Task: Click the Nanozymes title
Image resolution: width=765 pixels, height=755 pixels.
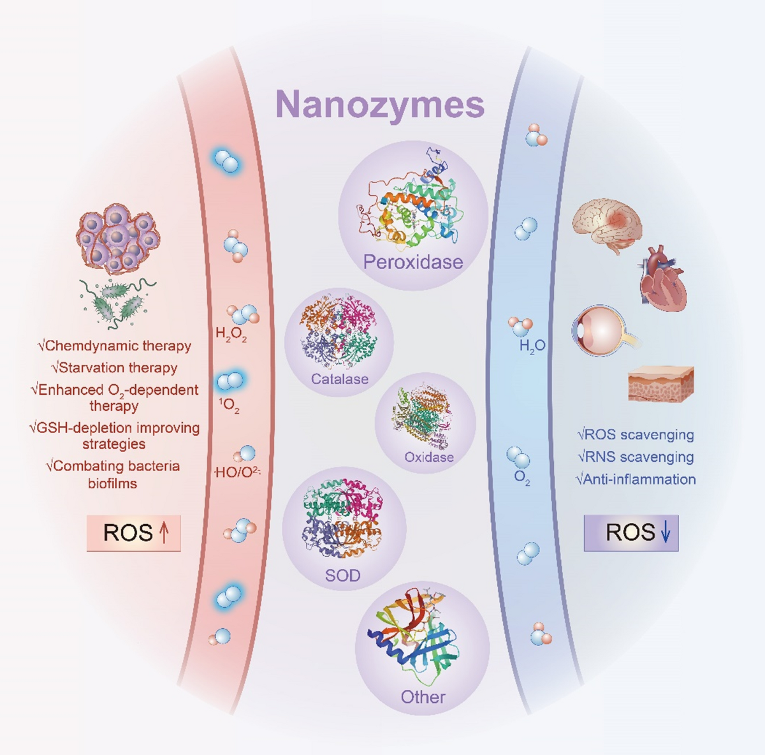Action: pos(381,104)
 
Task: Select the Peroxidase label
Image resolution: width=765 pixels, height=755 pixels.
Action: pos(412,261)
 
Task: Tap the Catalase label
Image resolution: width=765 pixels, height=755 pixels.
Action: pos(339,379)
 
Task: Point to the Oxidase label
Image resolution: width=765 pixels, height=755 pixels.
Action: pos(429,457)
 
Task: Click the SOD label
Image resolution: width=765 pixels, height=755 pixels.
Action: pos(342,575)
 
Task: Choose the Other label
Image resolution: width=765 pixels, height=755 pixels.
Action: pos(423,696)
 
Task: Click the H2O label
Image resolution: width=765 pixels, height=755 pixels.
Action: pos(532,346)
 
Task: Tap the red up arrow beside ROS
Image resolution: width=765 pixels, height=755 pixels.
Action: pos(164,533)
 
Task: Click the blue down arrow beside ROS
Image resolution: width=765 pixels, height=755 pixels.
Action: pos(665,532)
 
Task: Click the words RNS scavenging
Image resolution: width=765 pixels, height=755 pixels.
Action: pos(635,457)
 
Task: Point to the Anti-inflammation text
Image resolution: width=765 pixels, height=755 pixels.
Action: pos(635,479)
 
